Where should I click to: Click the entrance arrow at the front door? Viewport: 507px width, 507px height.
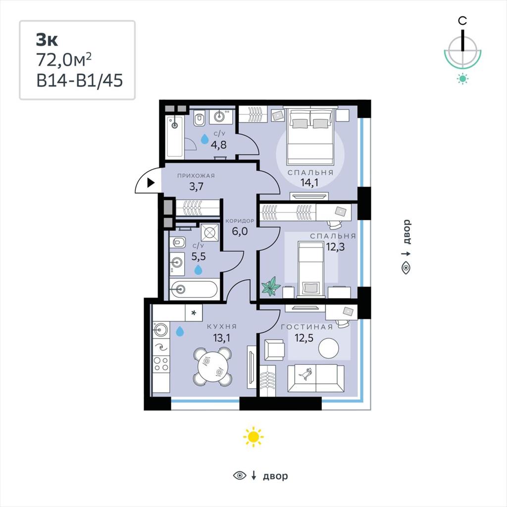click(151, 183)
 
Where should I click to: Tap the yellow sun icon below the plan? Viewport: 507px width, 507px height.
click(253, 437)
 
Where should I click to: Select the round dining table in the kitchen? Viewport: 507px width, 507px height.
click(212, 366)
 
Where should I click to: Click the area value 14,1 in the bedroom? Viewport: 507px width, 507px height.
click(309, 182)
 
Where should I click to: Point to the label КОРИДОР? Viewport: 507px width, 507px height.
click(240, 221)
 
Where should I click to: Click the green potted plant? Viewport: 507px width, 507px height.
click(271, 286)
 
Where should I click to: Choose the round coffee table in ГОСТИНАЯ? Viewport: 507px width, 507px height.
click(329, 348)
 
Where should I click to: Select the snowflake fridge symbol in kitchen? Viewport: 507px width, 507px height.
click(194, 313)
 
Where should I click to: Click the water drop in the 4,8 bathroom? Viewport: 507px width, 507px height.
click(204, 139)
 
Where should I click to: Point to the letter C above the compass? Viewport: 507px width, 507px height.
click(462, 21)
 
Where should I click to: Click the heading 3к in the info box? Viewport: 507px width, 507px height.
click(47, 40)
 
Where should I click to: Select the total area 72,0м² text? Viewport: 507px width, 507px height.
click(64, 60)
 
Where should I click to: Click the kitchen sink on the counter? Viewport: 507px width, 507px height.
click(161, 330)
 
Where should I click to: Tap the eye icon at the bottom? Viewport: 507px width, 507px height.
click(240, 475)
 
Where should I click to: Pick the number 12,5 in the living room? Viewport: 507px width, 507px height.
click(304, 338)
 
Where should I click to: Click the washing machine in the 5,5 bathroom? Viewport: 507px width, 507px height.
click(209, 232)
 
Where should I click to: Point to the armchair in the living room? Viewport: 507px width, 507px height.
click(274, 350)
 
